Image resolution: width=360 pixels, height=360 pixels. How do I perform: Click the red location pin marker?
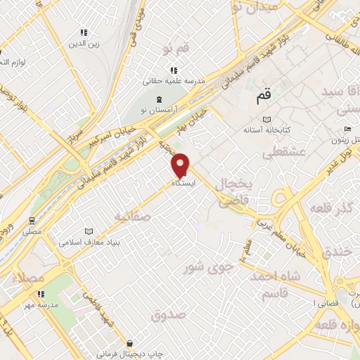point(181,164)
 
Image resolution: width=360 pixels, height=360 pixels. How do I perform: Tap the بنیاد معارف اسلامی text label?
point(89,243)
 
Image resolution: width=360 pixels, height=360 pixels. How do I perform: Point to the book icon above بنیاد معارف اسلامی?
point(89,231)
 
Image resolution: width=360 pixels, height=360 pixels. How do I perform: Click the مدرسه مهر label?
point(38,305)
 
